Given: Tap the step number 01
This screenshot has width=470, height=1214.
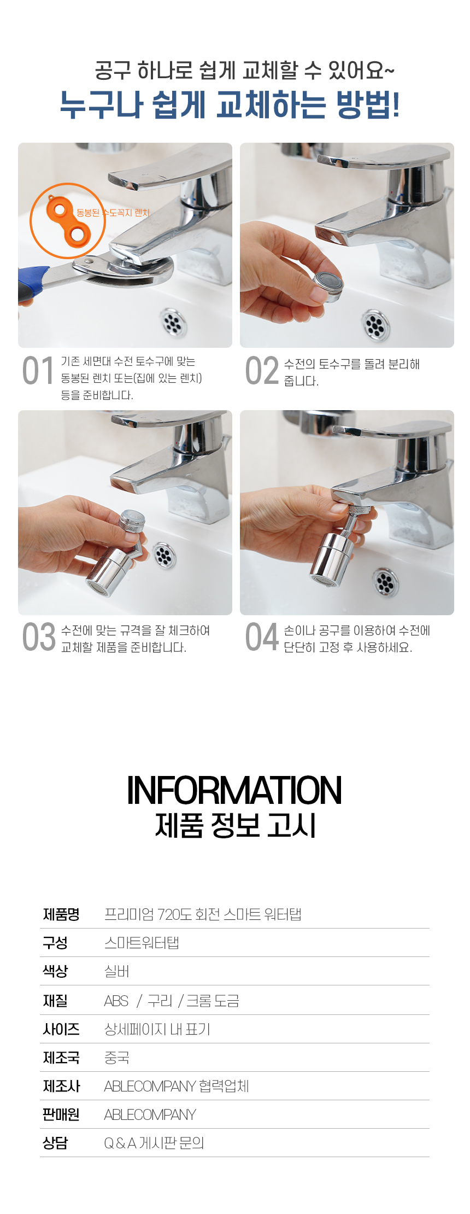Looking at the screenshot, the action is tap(38, 371).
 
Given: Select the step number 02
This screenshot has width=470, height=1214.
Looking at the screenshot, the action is tap(262, 371).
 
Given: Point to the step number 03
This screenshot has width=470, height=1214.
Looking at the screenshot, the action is tap(39, 637).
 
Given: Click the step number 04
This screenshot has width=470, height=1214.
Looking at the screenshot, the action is tap(262, 637).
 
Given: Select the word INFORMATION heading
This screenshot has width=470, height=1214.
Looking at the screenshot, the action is tap(234, 790).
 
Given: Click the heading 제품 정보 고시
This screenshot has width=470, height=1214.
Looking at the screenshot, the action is tap(236, 825).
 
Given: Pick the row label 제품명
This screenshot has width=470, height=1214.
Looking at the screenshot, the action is tap(61, 914).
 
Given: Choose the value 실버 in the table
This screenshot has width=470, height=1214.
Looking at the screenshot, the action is tap(116, 971).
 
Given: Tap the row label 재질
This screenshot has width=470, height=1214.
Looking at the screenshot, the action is tap(55, 1001).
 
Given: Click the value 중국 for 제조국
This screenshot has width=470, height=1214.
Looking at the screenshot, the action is tap(116, 1058).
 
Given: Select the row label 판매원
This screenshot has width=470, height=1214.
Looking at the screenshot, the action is tap(61, 1114).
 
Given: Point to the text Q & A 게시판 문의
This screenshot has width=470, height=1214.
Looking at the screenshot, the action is tap(154, 1143).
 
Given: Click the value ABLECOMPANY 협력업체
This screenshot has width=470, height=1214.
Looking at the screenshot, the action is tap(177, 1086).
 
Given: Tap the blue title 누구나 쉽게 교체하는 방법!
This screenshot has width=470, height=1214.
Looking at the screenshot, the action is tap(230, 104).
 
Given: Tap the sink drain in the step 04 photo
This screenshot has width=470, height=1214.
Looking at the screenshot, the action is tap(386, 582).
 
